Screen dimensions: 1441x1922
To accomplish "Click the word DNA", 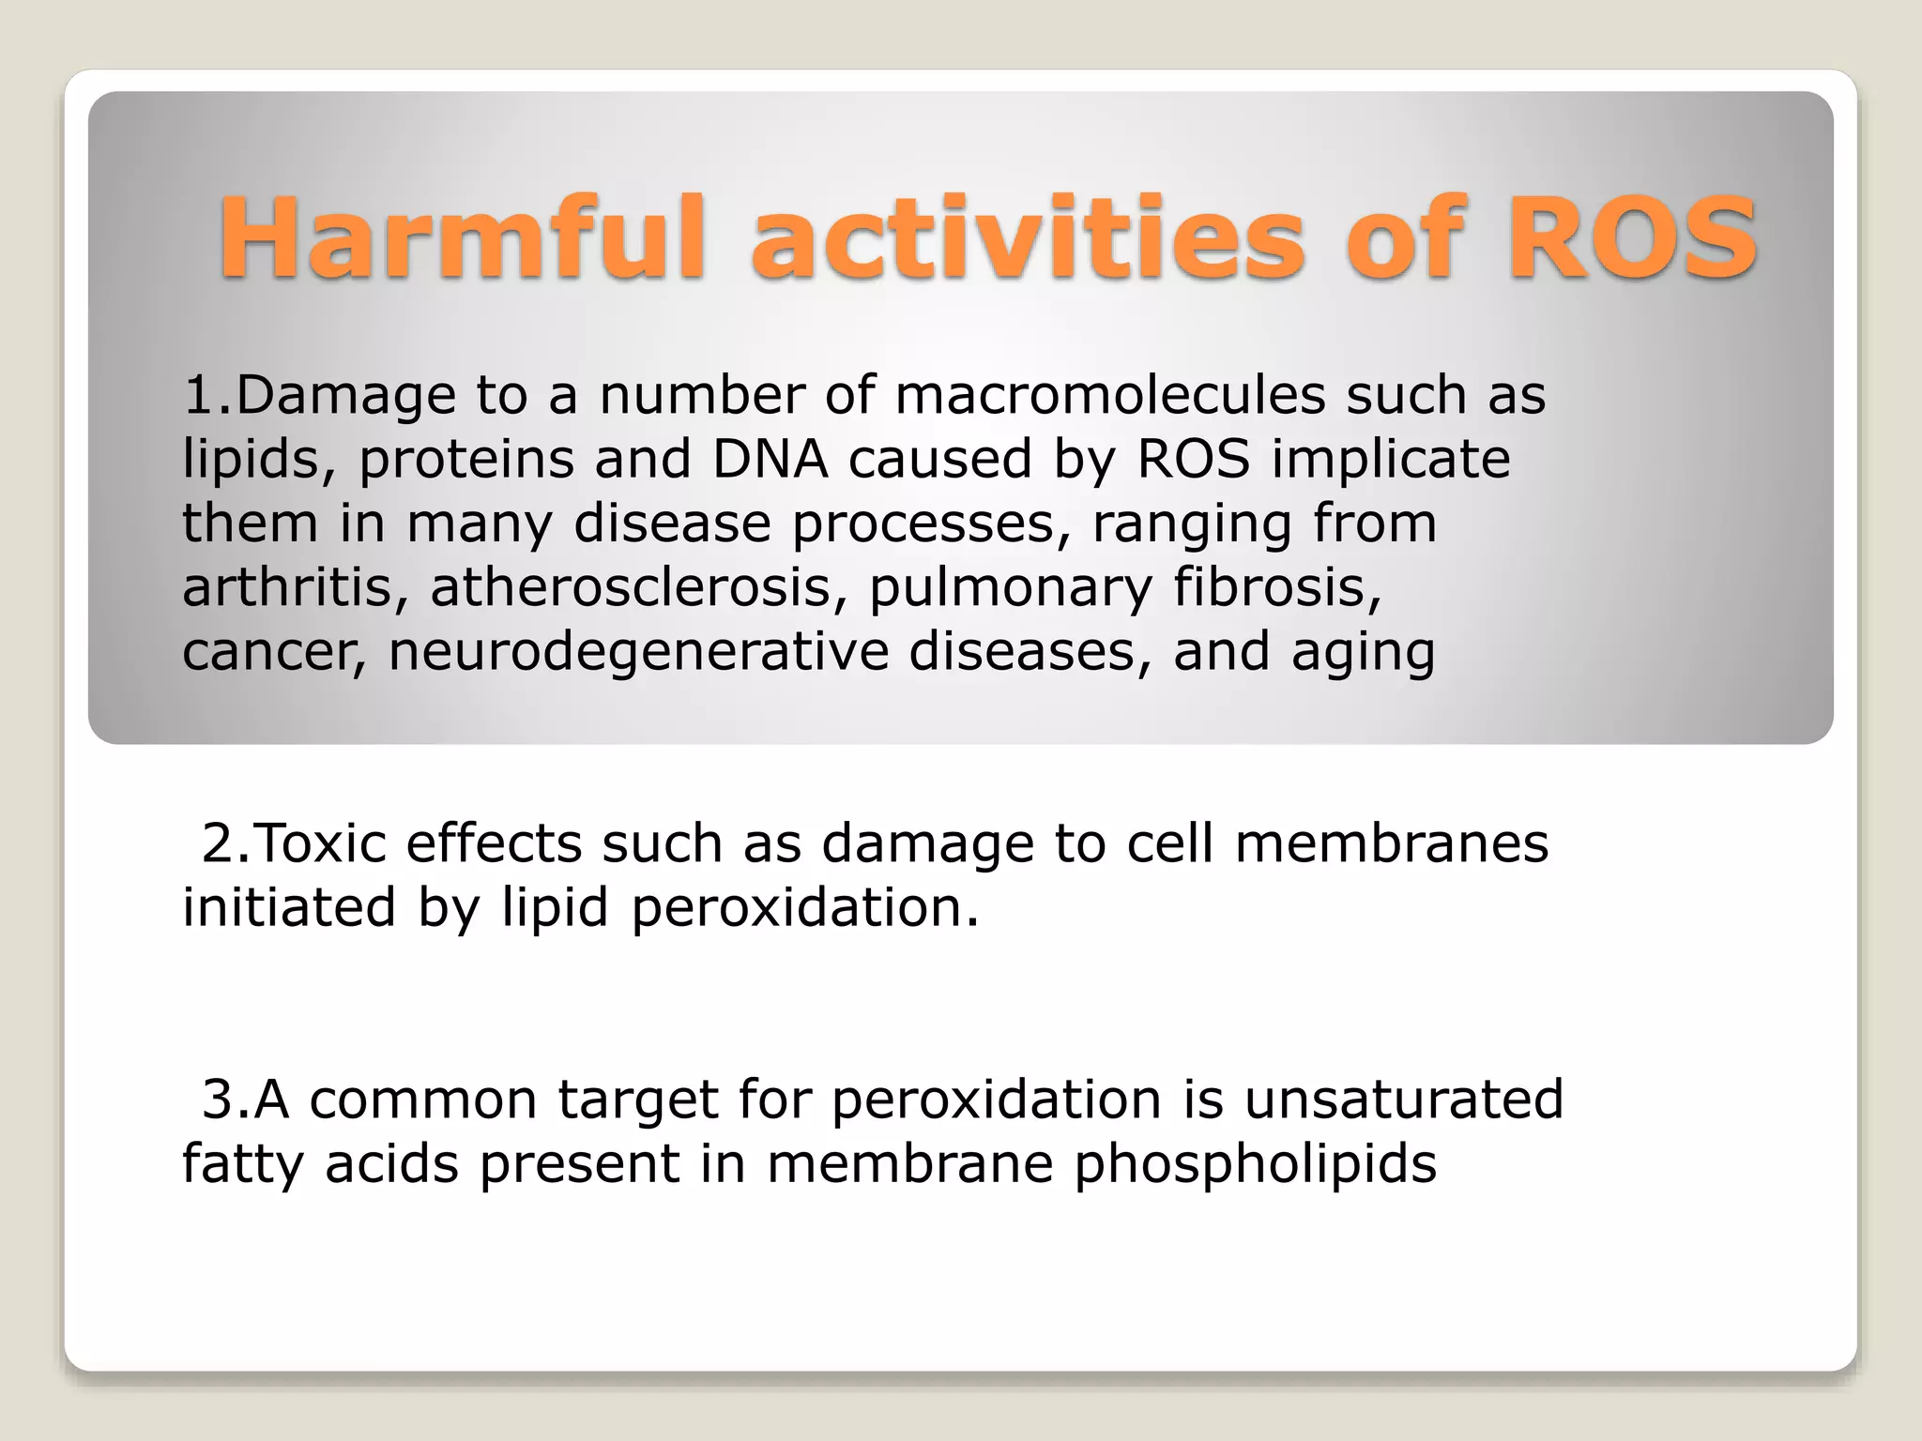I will [770, 459].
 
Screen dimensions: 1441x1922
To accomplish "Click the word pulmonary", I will [1010, 589].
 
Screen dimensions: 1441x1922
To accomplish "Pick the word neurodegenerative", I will [638, 652].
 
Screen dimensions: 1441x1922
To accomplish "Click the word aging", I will [1363, 654].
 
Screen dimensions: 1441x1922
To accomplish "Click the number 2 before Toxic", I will [218, 842].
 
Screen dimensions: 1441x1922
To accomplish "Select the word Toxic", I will [319, 842].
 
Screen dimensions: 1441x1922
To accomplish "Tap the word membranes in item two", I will [1392, 842].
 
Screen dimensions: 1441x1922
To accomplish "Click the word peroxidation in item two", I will [804, 908].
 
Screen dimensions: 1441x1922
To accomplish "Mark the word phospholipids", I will [1255, 1165].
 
